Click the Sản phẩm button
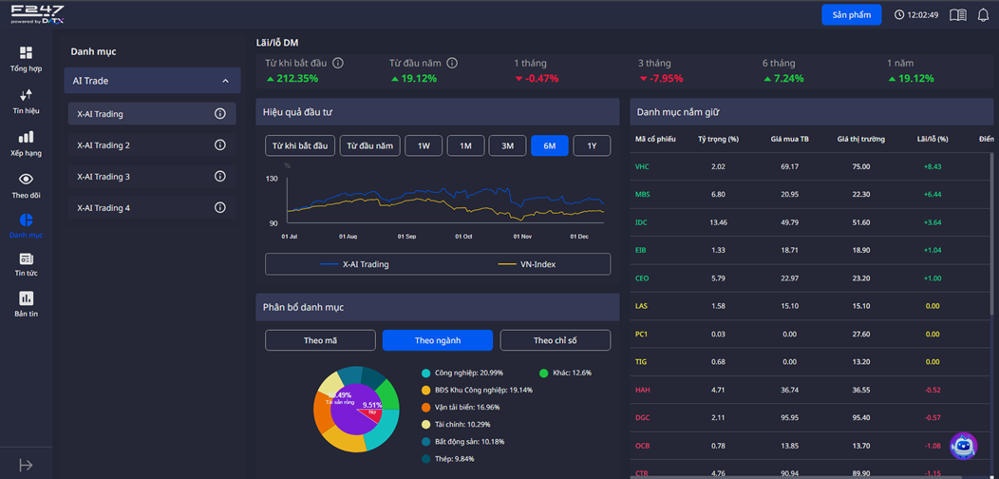[851, 15]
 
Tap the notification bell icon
[983, 15]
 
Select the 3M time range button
[507, 145]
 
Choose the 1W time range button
[424, 145]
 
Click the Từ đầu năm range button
[369, 145]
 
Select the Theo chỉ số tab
[556, 340]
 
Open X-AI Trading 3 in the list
[104, 177]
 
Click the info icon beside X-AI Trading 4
[220, 207]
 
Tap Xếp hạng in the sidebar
[26, 144]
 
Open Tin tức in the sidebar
[26, 264]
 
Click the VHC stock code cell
[642, 166]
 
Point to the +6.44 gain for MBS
[932, 194]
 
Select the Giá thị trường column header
[860, 140]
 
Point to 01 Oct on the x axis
[462, 236]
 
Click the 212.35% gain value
[297, 79]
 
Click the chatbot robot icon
[963, 445]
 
